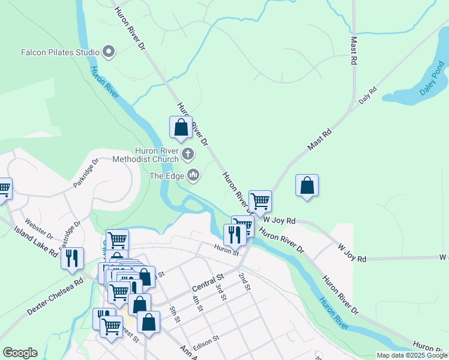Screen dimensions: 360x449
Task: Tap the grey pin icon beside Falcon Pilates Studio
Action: pyautogui.click(x=109, y=52)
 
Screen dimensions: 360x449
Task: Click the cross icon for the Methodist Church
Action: pyautogui.click(x=187, y=155)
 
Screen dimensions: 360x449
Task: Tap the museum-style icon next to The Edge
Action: pyautogui.click(x=193, y=175)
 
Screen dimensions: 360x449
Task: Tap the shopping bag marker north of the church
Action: pyautogui.click(x=181, y=128)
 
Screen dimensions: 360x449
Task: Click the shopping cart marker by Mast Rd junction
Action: pyautogui.click(x=260, y=201)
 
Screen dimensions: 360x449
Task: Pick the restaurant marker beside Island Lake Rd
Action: pyautogui.click(x=72, y=258)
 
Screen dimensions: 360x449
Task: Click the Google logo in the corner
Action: pyautogui.click(x=20, y=353)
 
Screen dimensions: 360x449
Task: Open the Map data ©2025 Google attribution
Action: pyautogui.click(x=412, y=355)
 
